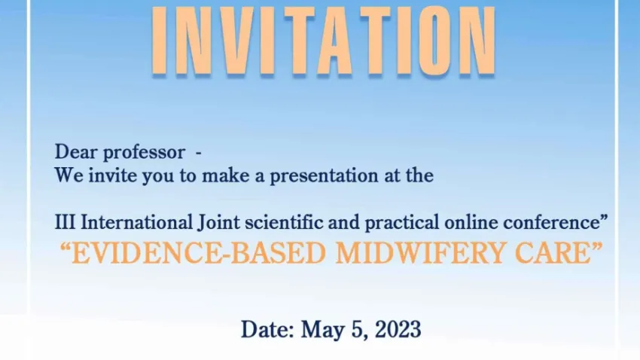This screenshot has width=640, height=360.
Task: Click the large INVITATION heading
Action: [324, 41]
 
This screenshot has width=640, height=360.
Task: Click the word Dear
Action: [76, 152]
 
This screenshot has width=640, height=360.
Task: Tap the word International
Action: [137, 222]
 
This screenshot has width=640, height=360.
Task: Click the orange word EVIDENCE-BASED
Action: [198, 253]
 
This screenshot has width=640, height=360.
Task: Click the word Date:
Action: [268, 329]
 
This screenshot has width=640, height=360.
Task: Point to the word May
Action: [322, 330]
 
